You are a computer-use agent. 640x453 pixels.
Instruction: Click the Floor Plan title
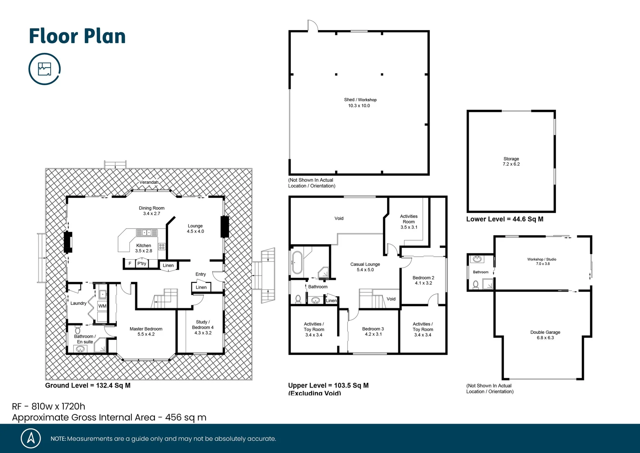tap(77, 36)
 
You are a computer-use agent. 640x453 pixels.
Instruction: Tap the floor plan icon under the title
tap(44, 69)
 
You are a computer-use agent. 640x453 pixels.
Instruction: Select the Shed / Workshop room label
tap(360, 102)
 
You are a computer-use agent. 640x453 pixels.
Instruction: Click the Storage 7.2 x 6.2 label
tap(511, 161)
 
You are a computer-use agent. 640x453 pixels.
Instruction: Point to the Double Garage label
tap(545, 335)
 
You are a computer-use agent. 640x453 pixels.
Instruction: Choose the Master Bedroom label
tap(146, 331)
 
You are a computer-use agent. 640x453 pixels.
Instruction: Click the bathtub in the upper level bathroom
tap(297, 263)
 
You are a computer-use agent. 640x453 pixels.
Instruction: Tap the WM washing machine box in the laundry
tap(102, 306)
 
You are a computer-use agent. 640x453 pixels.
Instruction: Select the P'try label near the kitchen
tap(142, 263)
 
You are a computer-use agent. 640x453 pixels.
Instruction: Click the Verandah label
tap(149, 182)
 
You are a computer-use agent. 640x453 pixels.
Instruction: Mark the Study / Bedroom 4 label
tap(203, 327)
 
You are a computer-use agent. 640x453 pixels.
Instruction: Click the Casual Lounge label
tap(365, 267)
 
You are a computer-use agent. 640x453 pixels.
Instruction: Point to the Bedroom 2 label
tap(423, 280)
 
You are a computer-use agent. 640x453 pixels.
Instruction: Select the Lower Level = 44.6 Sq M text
tap(505, 219)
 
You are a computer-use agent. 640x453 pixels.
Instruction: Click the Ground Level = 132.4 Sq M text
tap(88, 385)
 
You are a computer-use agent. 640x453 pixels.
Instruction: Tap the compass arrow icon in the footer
tap(31, 438)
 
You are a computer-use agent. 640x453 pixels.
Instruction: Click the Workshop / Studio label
tap(542, 261)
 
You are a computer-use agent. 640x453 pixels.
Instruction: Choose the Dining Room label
tap(152, 211)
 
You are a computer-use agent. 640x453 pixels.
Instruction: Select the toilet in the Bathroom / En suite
tap(78, 330)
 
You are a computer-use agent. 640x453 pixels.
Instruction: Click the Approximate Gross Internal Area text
tap(109, 417)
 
